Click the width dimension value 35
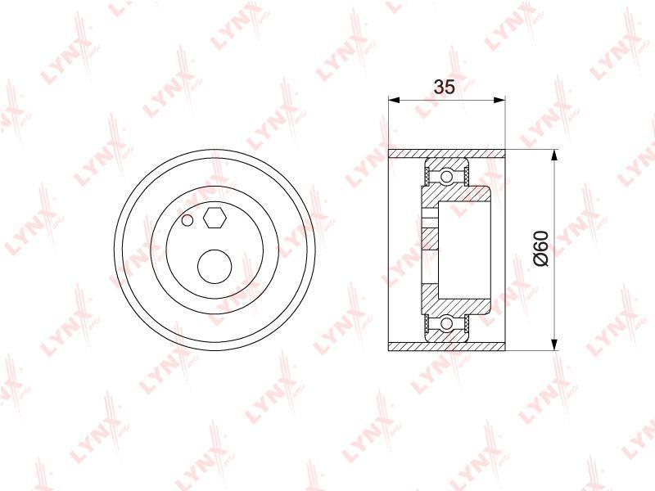[x=444, y=87]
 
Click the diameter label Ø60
[x=540, y=249]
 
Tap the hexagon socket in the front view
[x=215, y=218]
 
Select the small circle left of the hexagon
[x=187, y=219]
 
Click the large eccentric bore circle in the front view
[x=215, y=267]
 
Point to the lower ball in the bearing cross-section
[x=446, y=323]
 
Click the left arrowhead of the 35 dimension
[x=395, y=100]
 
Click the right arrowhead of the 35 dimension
[x=499, y=100]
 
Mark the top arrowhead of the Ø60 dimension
[x=554, y=155]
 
